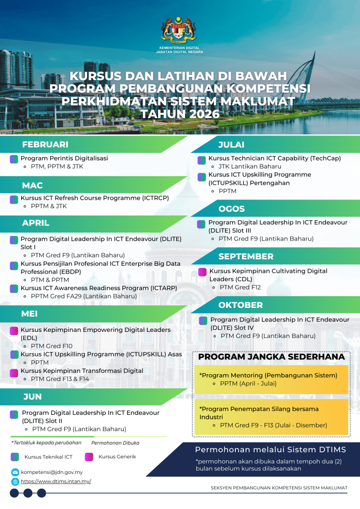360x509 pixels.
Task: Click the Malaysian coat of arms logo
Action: coord(179,29)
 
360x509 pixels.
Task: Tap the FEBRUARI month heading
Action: coord(45,144)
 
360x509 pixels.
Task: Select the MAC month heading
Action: coord(32,186)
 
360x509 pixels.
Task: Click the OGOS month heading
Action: coord(232,209)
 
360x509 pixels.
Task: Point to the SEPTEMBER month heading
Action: coord(246,256)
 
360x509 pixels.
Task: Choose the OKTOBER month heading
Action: coord(240,305)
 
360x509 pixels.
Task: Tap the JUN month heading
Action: coord(32,397)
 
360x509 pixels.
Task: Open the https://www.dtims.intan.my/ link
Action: coord(56,481)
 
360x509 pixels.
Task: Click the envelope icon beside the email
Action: coord(15,472)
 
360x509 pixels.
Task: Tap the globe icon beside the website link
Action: coord(15,481)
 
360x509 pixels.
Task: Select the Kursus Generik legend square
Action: coord(89,457)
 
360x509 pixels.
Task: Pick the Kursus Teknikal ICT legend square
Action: coord(15,457)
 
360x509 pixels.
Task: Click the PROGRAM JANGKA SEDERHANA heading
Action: coord(271,357)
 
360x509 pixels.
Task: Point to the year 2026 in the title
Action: coord(199,114)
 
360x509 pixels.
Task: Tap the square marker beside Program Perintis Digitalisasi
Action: coord(14,159)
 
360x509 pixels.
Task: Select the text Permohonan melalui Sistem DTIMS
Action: coord(270,450)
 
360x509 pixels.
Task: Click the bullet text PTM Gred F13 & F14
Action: coord(60,379)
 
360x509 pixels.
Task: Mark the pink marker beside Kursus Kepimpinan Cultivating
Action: coord(202,271)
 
